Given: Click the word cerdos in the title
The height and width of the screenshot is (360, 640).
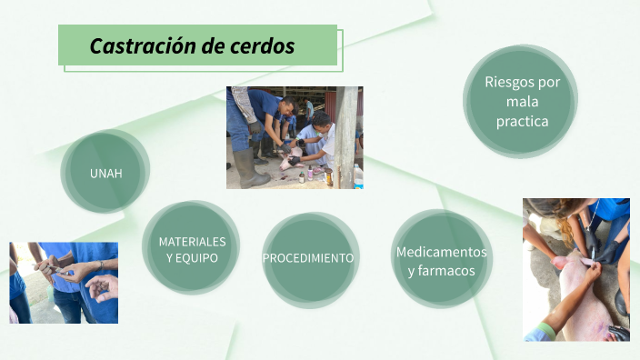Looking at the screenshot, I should (264, 46).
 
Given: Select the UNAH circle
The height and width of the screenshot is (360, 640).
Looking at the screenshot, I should (105, 173).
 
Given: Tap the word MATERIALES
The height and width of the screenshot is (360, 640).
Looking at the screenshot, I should (192, 242).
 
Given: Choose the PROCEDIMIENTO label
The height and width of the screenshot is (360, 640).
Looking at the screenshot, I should (308, 258).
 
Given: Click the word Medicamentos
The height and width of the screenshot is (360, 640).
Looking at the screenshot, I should (441, 252).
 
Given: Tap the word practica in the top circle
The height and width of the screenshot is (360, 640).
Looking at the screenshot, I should (522, 120).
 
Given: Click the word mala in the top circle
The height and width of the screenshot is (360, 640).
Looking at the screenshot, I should (522, 101).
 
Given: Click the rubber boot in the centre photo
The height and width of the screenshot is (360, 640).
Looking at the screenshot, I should (251, 168).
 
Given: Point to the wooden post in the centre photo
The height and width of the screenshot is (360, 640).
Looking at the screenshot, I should (346, 136).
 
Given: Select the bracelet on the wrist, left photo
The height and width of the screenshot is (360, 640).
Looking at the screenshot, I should (100, 265).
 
